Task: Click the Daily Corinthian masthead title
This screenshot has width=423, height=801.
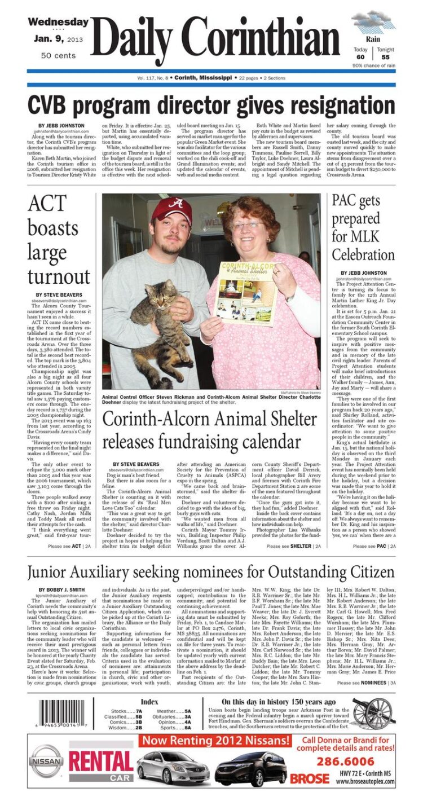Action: tap(219, 39)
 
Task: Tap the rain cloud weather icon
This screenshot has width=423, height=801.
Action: tap(373, 23)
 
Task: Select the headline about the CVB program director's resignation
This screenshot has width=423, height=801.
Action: tap(211, 105)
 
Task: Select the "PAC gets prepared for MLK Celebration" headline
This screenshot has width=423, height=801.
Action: tap(363, 227)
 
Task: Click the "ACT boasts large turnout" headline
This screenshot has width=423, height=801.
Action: tap(59, 240)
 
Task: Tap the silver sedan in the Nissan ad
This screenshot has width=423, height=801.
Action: tap(173, 767)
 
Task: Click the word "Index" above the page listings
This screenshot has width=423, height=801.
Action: tap(149, 701)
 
